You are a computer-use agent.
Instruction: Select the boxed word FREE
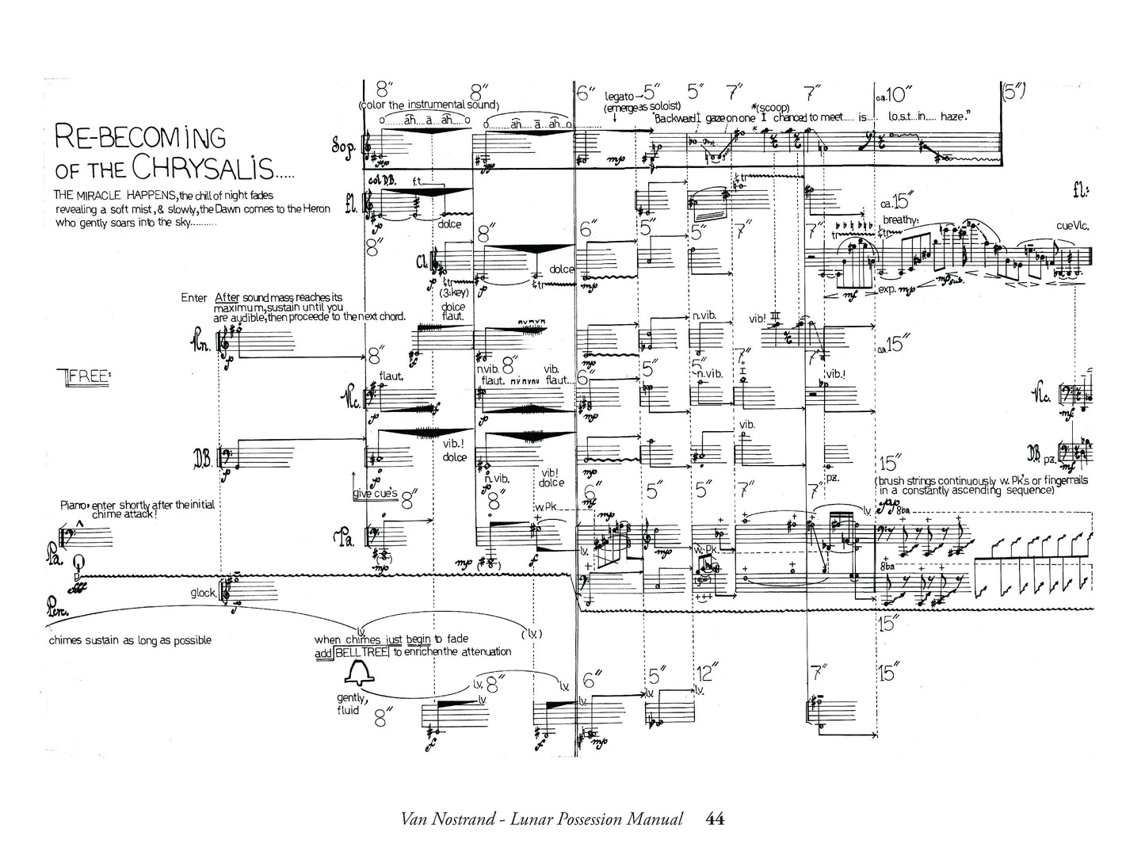pos(87,376)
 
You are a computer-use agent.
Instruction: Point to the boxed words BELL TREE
pos(361,651)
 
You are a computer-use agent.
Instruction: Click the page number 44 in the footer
pos(714,819)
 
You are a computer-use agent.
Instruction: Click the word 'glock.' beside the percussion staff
pos(204,592)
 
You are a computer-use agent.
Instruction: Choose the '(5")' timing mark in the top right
pos(1014,91)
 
